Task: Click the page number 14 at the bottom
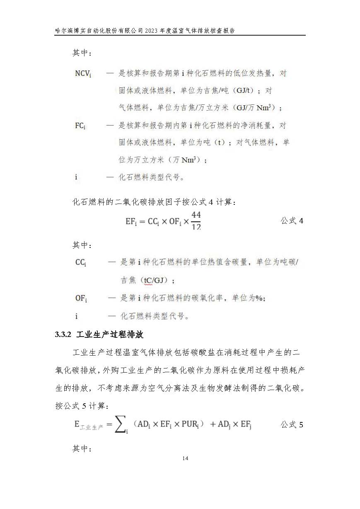(185, 458)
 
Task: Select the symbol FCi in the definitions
(80, 126)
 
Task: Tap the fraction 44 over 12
(196, 221)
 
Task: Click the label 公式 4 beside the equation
(292, 221)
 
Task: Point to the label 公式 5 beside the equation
(292, 424)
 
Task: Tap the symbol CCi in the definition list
(80, 262)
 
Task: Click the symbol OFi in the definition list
(81, 298)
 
